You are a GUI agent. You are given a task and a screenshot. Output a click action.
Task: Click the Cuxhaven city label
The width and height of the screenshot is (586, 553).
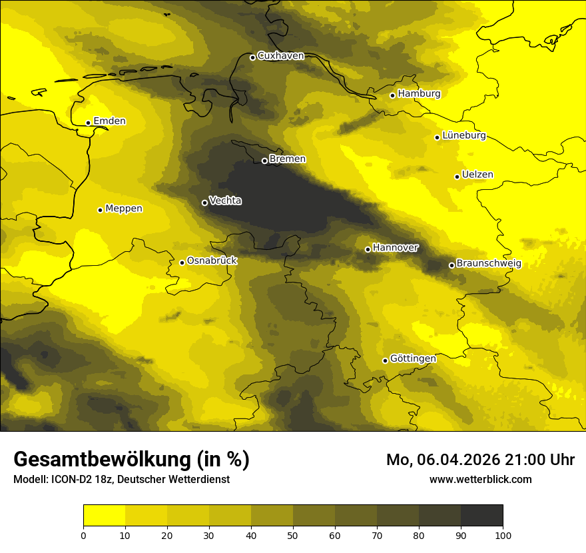coord(280,56)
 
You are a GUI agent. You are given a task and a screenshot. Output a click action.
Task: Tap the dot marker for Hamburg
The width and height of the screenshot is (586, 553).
coord(392,95)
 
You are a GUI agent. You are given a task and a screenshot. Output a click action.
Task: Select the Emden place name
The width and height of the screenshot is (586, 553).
coord(109,121)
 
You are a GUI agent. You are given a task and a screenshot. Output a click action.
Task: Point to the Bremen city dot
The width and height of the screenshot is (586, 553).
coord(264,161)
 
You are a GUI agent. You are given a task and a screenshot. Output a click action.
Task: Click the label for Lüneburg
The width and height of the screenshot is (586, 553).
coord(464,136)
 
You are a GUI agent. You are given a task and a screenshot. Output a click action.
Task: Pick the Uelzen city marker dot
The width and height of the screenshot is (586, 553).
coord(457,177)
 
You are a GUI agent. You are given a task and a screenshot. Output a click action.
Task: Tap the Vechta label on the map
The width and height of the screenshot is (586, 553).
coord(225,201)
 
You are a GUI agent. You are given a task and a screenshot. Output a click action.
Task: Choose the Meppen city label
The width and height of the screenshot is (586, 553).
coord(124,209)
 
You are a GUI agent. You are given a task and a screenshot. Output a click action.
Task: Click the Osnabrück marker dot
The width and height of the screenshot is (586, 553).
coord(182,263)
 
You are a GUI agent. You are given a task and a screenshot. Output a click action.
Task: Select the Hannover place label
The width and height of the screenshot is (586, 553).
coord(396,248)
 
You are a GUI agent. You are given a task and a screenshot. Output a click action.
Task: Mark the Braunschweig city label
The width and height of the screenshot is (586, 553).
coord(489,264)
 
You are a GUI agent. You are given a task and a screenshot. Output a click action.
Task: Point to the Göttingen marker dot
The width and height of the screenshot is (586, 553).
coord(385,360)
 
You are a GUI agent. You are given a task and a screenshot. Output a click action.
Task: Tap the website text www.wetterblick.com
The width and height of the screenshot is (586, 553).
coord(480,479)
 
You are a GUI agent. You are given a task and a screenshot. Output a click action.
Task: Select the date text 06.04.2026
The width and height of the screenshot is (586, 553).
coord(461,460)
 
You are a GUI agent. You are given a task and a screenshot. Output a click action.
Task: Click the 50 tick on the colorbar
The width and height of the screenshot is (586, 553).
coord(293,534)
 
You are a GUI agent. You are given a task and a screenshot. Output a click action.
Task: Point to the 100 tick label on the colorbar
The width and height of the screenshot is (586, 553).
coord(503,534)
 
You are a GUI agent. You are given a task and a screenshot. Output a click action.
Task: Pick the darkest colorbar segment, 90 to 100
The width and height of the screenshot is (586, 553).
coord(481,515)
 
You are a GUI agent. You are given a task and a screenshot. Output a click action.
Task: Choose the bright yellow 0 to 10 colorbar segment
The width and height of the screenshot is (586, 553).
coord(104,515)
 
